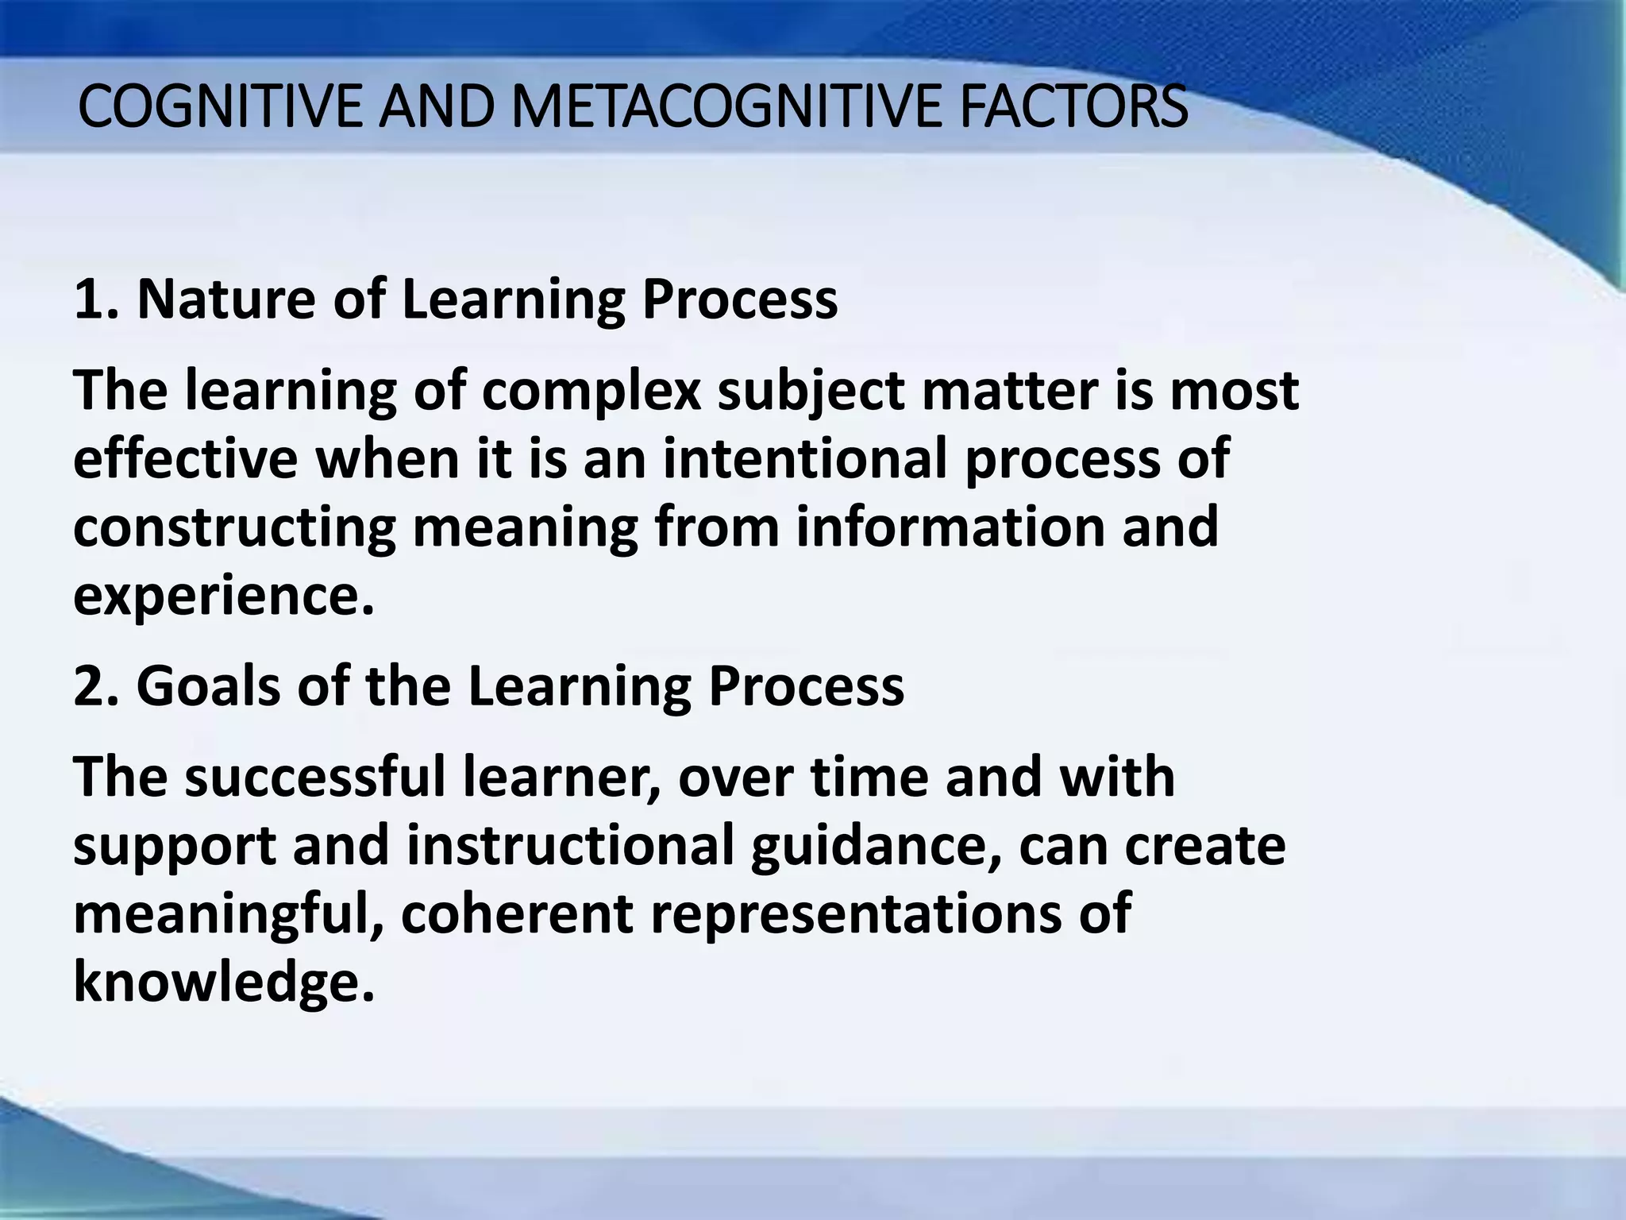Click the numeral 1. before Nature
coord(96,299)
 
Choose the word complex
coord(591,392)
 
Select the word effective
coord(185,459)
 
